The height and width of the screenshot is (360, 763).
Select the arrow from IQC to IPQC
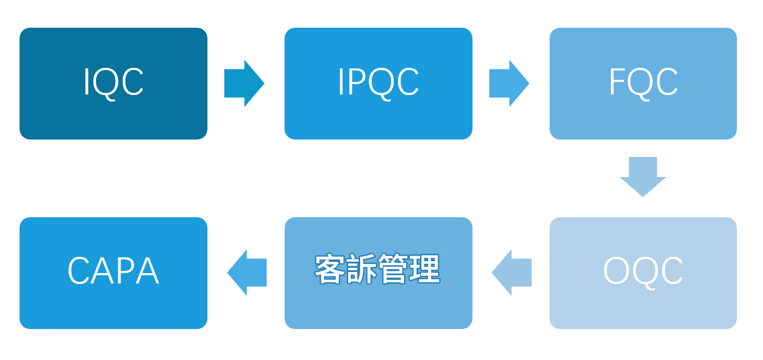pos(244,83)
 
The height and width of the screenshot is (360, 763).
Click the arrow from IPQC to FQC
pos(509,83)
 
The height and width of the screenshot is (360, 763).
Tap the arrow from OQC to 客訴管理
pos(512,273)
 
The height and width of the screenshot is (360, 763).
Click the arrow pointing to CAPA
pos(247,273)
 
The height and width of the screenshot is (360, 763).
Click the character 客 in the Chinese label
pos(331,269)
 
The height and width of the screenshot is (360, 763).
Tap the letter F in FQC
pos(616,83)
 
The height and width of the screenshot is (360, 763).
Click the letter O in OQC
pos(617,271)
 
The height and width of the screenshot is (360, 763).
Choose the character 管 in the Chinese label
pos(394,269)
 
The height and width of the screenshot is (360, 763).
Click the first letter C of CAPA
pos(79,271)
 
